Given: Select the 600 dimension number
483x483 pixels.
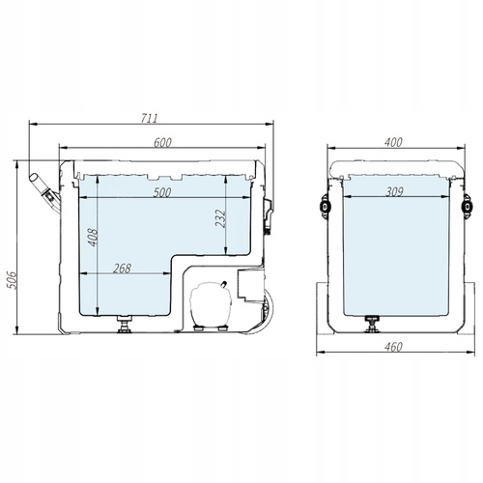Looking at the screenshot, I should pyautogui.click(x=161, y=142).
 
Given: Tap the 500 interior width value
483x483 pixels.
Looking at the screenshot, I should pyautogui.click(x=161, y=192).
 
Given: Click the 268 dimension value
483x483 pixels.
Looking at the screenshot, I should pyautogui.click(x=123, y=268).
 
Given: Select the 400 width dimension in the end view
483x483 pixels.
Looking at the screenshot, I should pyautogui.click(x=393, y=142).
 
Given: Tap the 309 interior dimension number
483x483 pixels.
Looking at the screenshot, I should pyautogui.click(x=393, y=192).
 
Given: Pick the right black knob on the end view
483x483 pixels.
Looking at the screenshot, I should pyautogui.click(x=468, y=204).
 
